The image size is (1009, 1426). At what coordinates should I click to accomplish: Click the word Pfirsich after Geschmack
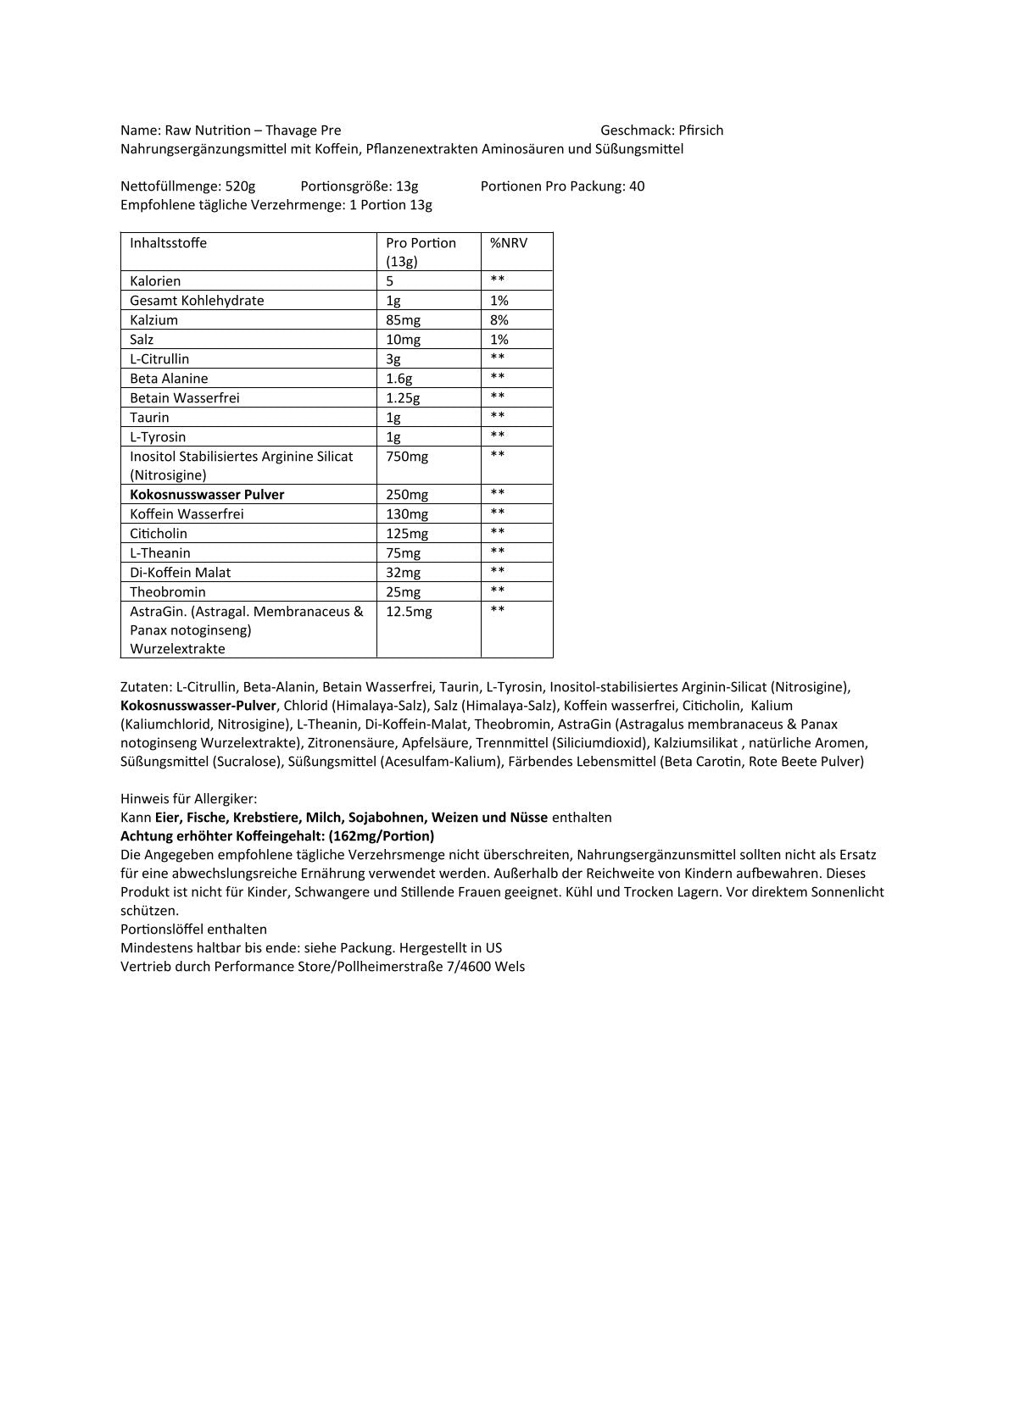click(700, 130)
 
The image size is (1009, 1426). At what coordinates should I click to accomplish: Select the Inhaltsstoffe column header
click(168, 243)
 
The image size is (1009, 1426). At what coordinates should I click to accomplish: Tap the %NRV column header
click(509, 243)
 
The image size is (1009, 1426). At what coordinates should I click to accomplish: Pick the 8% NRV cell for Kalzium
click(499, 320)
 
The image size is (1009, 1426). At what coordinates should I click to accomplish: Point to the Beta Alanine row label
click(169, 379)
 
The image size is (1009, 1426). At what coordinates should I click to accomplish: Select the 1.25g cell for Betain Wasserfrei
click(403, 398)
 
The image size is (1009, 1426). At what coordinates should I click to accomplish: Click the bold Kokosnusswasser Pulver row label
click(207, 495)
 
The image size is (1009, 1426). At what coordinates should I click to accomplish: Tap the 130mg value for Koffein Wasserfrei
click(407, 514)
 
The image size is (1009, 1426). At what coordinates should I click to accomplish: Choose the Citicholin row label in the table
click(159, 534)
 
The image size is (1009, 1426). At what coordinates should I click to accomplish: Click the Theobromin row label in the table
click(168, 592)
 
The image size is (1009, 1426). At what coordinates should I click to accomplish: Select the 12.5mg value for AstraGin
click(409, 612)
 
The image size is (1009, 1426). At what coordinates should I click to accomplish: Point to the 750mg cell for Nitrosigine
click(407, 457)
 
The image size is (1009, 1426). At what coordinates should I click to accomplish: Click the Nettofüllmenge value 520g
click(240, 186)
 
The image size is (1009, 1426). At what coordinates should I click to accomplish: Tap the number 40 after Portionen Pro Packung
click(637, 186)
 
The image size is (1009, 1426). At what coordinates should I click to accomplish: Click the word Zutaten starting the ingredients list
click(146, 687)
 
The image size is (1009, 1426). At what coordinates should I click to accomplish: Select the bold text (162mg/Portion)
click(381, 836)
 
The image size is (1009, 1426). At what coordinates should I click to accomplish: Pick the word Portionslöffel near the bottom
click(164, 929)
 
